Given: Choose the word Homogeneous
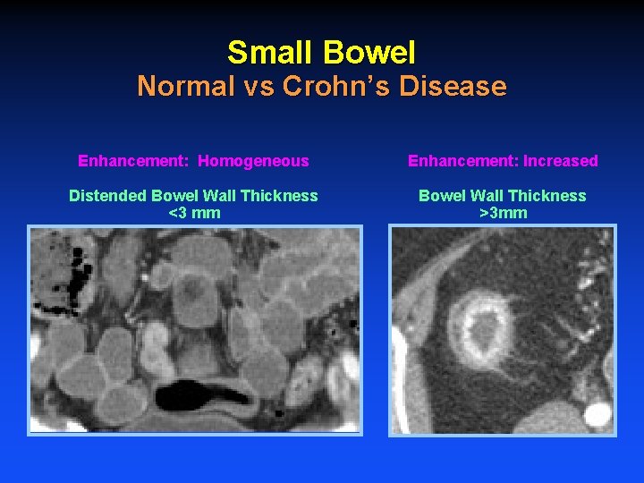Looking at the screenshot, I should pyautogui.click(x=253, y=161).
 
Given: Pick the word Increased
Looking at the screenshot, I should pyautogui.click(x=561, y=161).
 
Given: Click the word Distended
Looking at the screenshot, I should pyautogui.click(x=108, y=196).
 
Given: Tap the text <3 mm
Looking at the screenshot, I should pyautogui.click(x=194, y=213).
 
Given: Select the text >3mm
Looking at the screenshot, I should pyautogui.click(x=503, y=213).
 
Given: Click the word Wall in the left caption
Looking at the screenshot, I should pyautogui.click(x=222, y=196).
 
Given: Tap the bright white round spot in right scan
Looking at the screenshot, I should pyautogui.click(x=598, y=414).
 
